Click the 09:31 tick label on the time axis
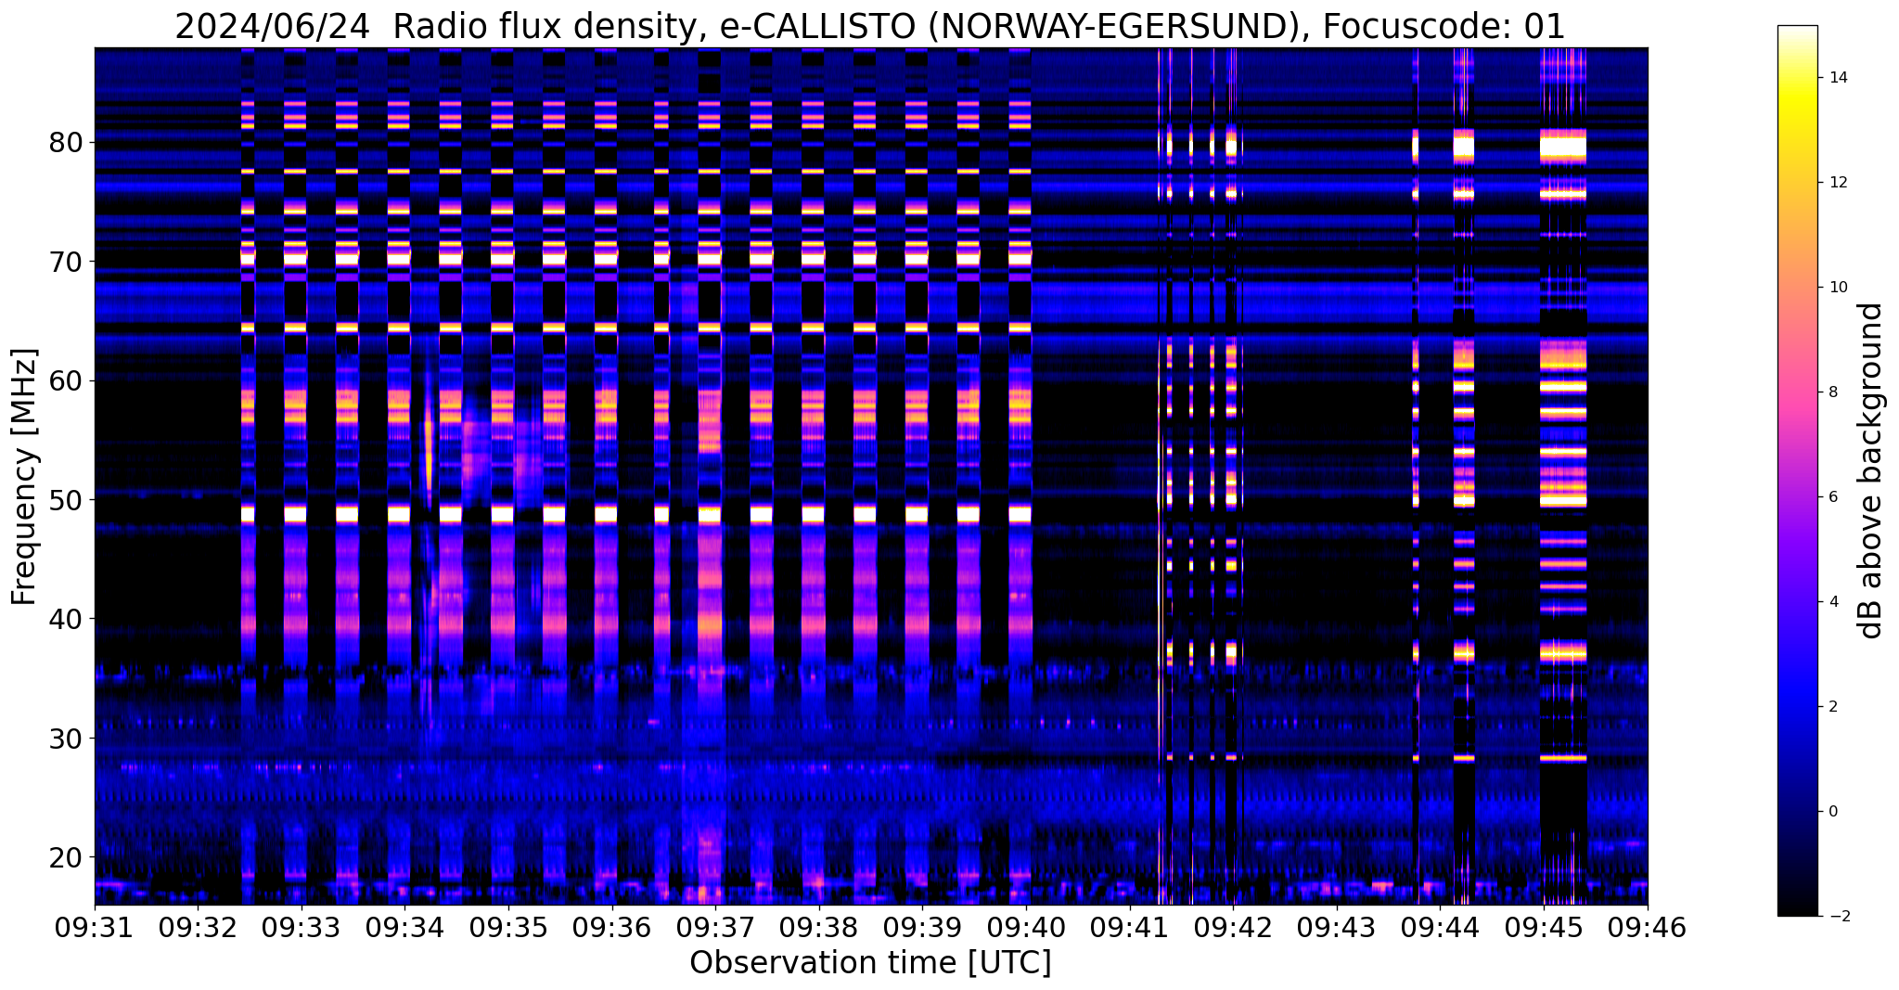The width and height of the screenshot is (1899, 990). [x=95, y=927]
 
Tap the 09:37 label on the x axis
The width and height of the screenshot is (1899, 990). [x=714, y=927]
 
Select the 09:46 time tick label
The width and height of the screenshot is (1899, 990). [x=1647, y=927]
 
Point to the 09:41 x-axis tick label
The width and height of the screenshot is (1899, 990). [x=1129, y=927]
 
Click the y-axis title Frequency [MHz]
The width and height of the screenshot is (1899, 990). [x=25, y=477]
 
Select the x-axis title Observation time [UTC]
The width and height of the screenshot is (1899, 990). [x=870, y=963]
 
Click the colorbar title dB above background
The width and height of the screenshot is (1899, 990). [x=1871, y=470]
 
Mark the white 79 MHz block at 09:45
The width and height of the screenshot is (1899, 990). [x=1563, y=147]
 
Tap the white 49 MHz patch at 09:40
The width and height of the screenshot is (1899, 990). [x=1020, y=513]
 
